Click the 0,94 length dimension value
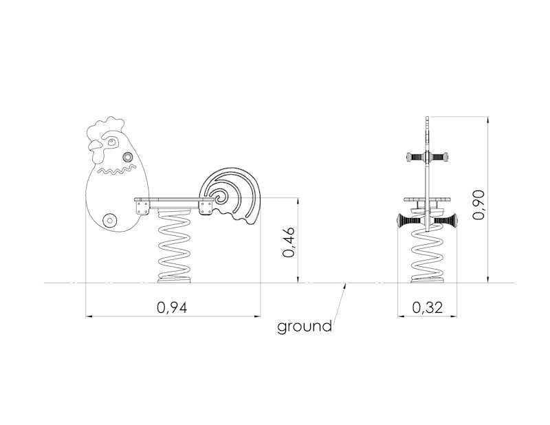173,307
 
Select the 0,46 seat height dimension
289,242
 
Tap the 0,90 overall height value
478,205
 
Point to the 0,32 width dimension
427,307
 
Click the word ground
305,327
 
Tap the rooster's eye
112,142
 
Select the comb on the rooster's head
105,127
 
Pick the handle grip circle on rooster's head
128,156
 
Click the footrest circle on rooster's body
110,220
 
